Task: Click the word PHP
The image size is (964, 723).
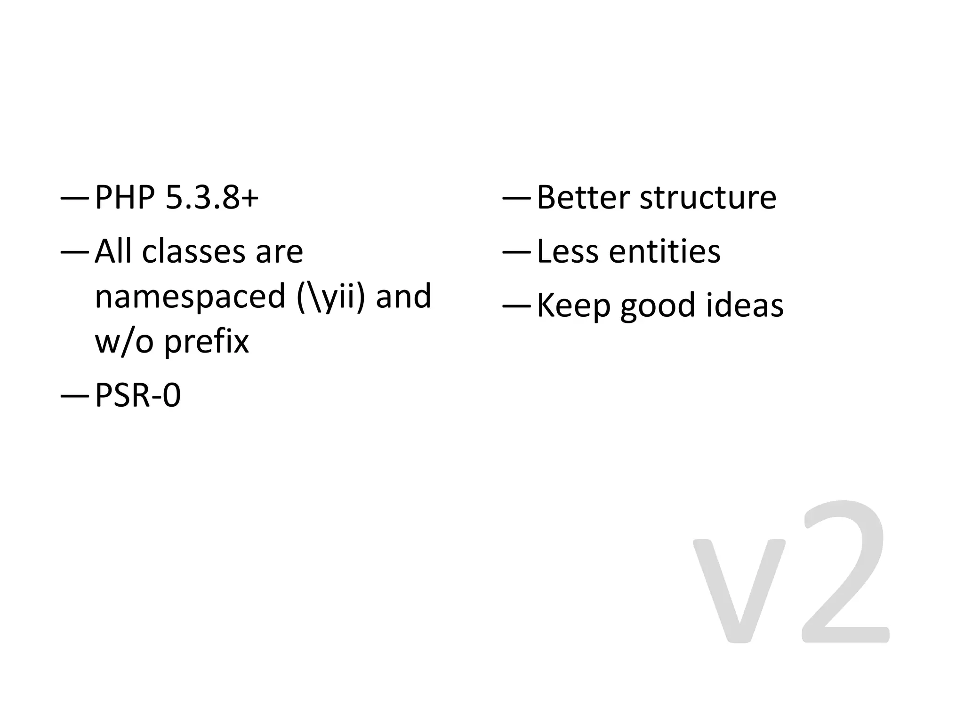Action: pyautogui.click(x=125, y=198)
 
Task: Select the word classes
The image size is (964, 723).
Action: pyautogui.click(x=193, y=251)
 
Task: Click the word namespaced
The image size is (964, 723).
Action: pyautogui.click(x=190, y=297)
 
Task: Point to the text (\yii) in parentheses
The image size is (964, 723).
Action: pyautogui.click(x=331, y=297)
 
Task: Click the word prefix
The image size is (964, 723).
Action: pyautogui.click(x=206, y=342)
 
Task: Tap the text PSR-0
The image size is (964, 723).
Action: pyautogui.click(x=138, y=395)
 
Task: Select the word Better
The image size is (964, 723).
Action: pyautogui.click(x=583, y=198)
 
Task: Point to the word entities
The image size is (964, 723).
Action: pyautogui.click(x=665, y=251)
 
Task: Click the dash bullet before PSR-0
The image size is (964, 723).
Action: pyautogui.click(x=74, y=396)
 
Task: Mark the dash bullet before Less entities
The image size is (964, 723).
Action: pyautogui.click(x=516, y=252)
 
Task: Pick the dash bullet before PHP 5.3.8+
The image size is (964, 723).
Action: pyautogui.click(x=74, y=199)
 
